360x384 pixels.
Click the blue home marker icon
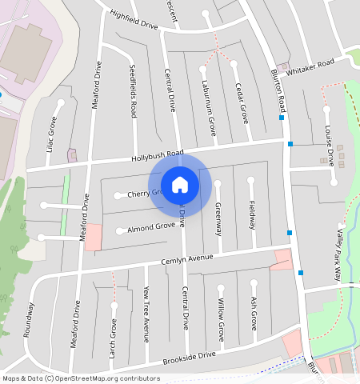click(x=180, y=185)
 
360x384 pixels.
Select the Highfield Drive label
click(x=134, y=20)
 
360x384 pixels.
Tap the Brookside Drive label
click(x=190, y=356)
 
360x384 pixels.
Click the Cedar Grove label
click(x=242, y=102)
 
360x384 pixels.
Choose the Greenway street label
click(x=218, y=218)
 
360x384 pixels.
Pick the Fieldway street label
click(x=252, y=214)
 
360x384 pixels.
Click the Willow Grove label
click(x=221, y=318)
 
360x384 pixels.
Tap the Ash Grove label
click(x=254, y=314)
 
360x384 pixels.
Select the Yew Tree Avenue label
click(x=146, y=314)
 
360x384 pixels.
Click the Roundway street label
click(x=29, y=318)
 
